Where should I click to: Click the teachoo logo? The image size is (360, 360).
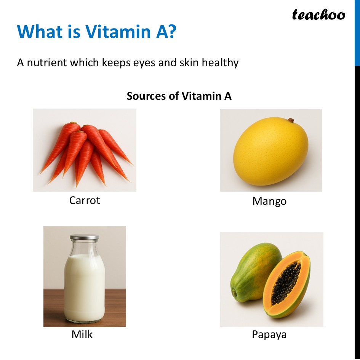click(x=318, y=15)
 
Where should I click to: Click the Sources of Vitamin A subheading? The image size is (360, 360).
click(x=179, y=96)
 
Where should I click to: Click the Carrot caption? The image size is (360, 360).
click(x=85, y=200)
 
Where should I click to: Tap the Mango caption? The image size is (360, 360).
click(x=269, y=201)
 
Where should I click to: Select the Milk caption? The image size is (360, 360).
click(x=82, y=334)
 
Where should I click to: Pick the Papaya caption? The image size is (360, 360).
click(x=269, y=335)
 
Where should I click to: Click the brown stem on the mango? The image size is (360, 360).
click(x=291, y=120)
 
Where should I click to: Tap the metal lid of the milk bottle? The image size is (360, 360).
click(x=84, y=237)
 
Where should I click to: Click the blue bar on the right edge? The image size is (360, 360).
click(x=357, y=32)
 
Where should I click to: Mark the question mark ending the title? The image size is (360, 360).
click(x=171, y=32)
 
